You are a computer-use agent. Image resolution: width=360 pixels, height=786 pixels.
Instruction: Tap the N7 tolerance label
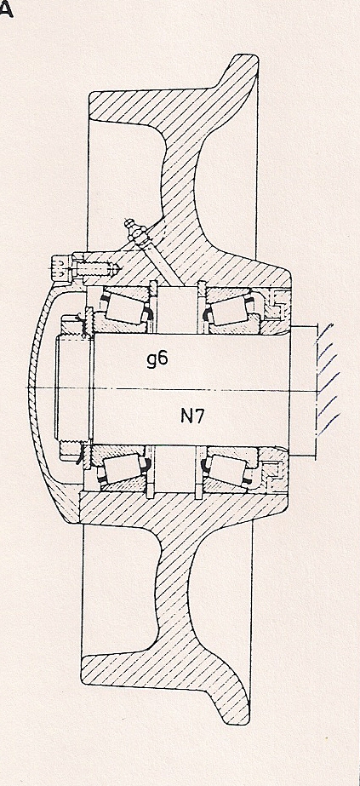coord(192,416)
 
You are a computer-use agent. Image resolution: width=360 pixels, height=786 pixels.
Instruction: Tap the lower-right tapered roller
coord(228,468)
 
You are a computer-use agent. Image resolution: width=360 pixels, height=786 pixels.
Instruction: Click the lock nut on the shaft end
coord(72,387)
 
